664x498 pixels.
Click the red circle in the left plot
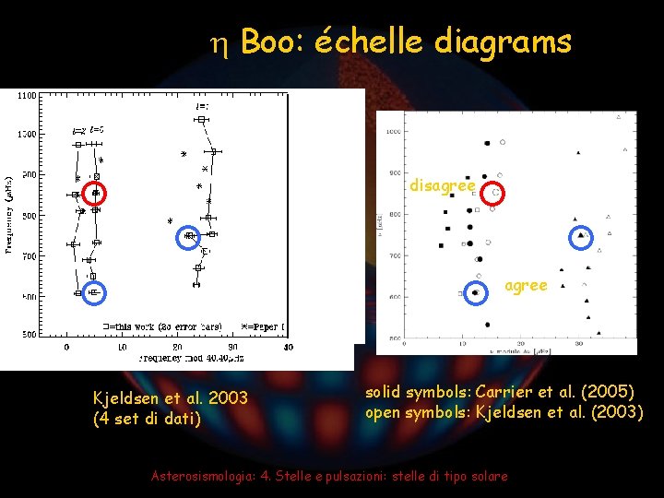[x=95, y=193]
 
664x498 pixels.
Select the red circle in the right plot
[x=495, y=193]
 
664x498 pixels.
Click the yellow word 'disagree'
[x=443, y=186]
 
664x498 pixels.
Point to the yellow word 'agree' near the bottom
[x=526, y=286]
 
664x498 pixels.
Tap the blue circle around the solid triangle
[x=580, y=236]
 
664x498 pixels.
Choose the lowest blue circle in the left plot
[x=94, y=292]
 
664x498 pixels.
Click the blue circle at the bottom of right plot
[x=476, y=292]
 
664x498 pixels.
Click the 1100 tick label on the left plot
[x=28, y=95]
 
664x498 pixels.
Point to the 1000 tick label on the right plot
[x=394, y=132]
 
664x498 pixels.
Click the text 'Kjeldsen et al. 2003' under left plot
[x=170, y=398]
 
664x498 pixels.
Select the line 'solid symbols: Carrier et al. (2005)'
[x=499, y=393]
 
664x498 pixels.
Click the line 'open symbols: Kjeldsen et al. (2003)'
[x=504, y=411]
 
